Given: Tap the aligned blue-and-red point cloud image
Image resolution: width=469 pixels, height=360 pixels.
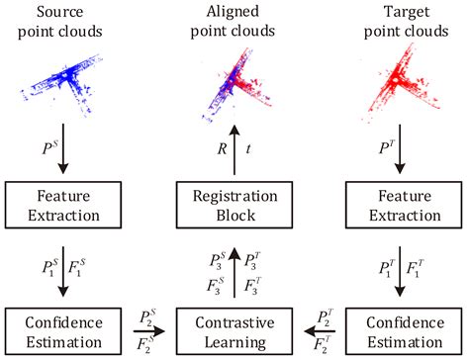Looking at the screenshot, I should (234, 81).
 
